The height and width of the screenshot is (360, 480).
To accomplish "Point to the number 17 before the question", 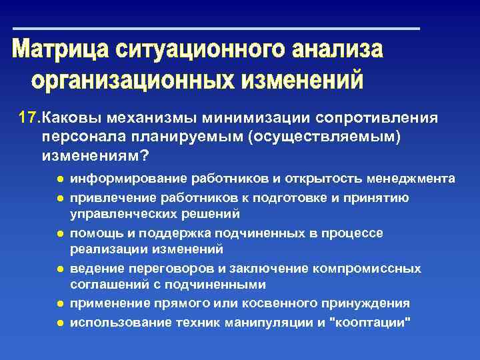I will click(x=29, y=118).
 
